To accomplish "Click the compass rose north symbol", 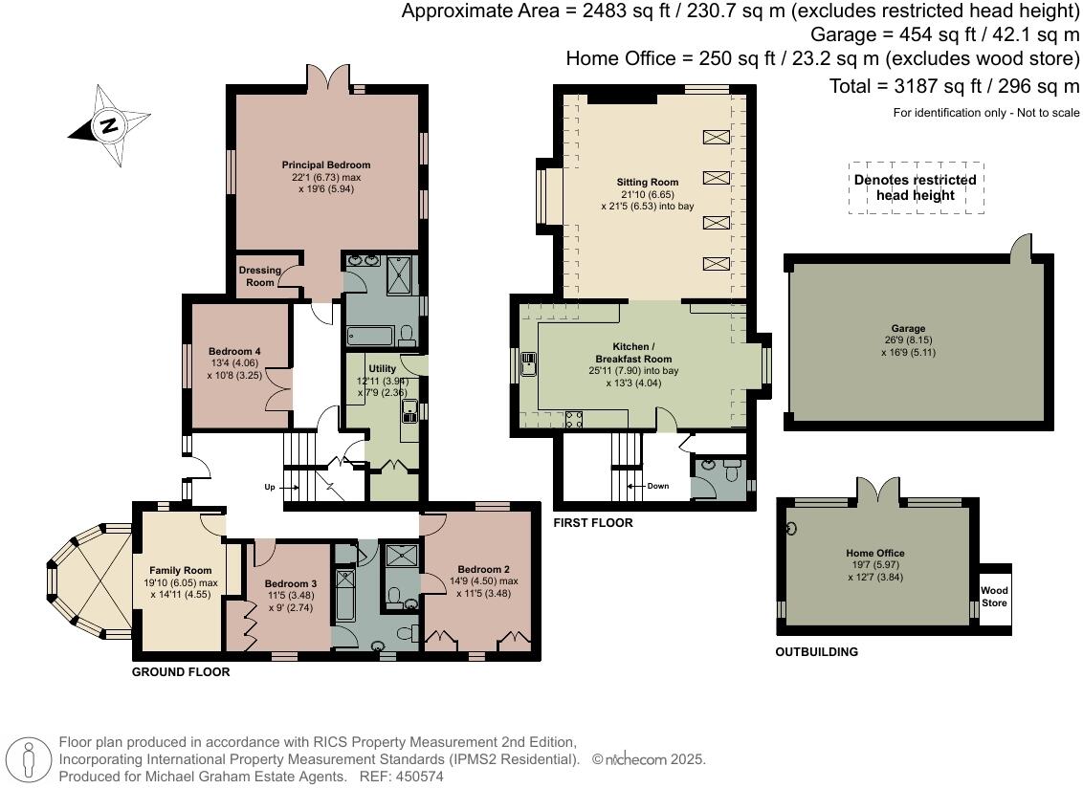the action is click(109, 125).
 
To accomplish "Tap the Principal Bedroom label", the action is click(326, 165).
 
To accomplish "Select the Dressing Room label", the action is click(259, 276).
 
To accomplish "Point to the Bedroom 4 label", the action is click(234, 352).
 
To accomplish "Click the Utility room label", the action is click(382, 369).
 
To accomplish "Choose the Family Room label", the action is click(180, 571).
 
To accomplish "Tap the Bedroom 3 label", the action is click(290, 583).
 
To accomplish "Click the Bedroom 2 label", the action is click(483, 570).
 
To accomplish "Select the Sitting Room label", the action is click(647, 183).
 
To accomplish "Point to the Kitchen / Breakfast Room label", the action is click(633, 353).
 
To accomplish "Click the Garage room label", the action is click(908, 329).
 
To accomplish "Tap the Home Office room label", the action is click(875, 553).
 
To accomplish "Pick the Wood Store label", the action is click(994, 597).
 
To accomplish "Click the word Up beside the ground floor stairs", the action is click(270, 487).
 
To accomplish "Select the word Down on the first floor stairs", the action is click(657, 486).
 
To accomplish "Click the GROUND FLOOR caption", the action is click(181, 672).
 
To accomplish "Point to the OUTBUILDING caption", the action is click(816, 652).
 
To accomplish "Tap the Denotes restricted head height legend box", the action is click(916, 187).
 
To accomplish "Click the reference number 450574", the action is click(416, 777).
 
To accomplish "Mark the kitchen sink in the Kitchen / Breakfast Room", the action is click(528, 364).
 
